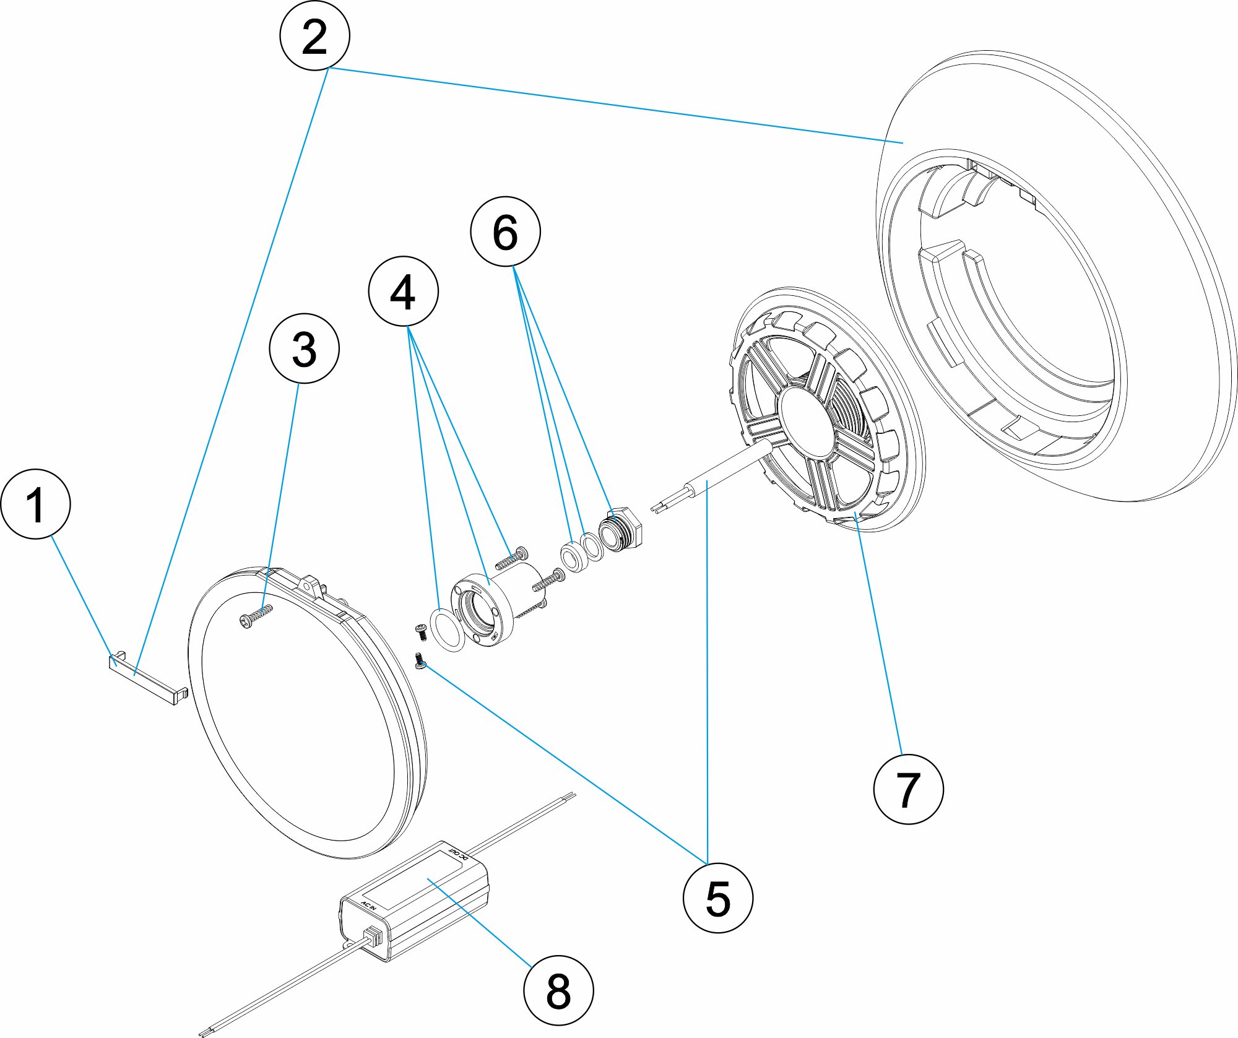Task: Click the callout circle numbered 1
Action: click(36, 504)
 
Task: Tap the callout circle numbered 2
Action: click(314, 35)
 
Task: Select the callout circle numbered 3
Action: click(304, 348)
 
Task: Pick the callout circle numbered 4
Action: click(403, 291)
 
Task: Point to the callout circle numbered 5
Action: click(717, 898)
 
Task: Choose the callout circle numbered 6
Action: click(505, 231)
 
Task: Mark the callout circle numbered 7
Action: click(908, 789)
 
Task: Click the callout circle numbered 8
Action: click(558, 990)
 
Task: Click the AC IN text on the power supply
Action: click(369, 905)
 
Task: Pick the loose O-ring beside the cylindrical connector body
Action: click(447, 629)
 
